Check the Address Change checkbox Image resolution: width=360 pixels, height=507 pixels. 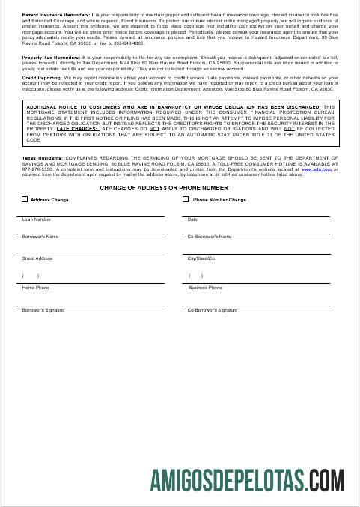click(25, 200)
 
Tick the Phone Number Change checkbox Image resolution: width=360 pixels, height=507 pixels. click(186, 200)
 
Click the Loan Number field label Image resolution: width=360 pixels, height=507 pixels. click(37, 219)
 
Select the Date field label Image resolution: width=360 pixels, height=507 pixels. click(192, 219)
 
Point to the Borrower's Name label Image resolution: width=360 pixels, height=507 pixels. click(40, 237)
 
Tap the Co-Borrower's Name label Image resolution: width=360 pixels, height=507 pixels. click(210, 237)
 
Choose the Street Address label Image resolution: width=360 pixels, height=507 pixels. click(37, 258)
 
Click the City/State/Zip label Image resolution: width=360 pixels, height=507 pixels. click(202, 258)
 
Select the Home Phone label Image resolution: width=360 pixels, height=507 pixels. click(36, 288)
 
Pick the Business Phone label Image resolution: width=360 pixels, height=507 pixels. click(205, 288)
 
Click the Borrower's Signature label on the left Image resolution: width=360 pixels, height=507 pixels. click(43, 309)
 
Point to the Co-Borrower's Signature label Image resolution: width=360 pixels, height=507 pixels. click(213, 309)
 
